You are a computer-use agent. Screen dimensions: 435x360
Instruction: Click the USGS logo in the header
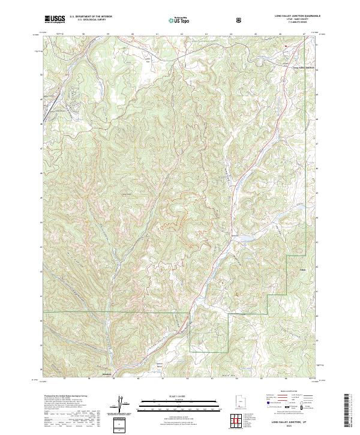point(55,19)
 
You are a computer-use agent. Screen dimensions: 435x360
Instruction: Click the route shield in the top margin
point(240,20)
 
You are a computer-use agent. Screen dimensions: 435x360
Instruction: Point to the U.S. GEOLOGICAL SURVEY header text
point(88,20)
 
